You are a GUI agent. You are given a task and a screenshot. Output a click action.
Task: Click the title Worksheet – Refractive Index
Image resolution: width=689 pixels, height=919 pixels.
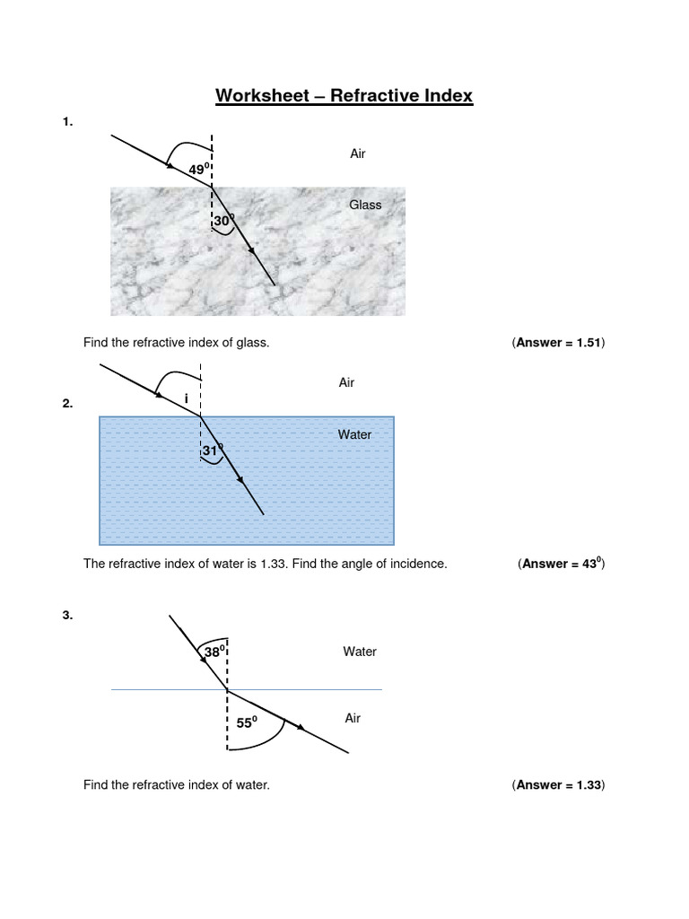tap(344, 95)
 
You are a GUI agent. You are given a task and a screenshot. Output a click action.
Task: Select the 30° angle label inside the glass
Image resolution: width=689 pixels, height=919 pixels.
tap(223, 220)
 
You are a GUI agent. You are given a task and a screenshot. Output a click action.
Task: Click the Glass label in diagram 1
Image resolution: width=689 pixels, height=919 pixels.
tap(365, 205)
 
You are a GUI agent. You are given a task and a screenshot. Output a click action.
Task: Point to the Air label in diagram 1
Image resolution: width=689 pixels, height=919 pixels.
tap(358, 153)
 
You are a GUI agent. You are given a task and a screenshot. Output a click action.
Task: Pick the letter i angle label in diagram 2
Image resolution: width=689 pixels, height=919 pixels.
tap(186, 398)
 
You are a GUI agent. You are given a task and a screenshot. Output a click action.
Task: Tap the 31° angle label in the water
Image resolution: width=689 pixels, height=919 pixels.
tap(212, 451)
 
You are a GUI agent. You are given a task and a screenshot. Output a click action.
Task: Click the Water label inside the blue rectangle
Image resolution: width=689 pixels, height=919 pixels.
tap(354, 434)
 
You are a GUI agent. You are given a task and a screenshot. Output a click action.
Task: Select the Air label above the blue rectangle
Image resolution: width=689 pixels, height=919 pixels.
tap(346, 382)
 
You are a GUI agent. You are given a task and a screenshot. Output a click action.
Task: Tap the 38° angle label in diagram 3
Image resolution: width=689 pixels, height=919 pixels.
tap(214, 652)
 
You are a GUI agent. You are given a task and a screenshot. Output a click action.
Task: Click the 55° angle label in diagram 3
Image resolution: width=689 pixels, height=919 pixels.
tap(246, 720)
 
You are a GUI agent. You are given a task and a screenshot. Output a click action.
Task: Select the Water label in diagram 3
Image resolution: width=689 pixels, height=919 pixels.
tap(360, 652)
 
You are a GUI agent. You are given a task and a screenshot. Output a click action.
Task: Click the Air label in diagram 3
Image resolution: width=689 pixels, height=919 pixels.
tap(353, 718)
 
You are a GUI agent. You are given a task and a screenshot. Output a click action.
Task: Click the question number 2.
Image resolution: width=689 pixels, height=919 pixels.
tap(67, 404)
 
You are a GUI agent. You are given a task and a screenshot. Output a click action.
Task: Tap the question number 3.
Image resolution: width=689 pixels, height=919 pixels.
tap(67, 616)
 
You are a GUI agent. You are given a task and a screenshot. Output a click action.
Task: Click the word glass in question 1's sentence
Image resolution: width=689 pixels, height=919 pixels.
tap(252, 343)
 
